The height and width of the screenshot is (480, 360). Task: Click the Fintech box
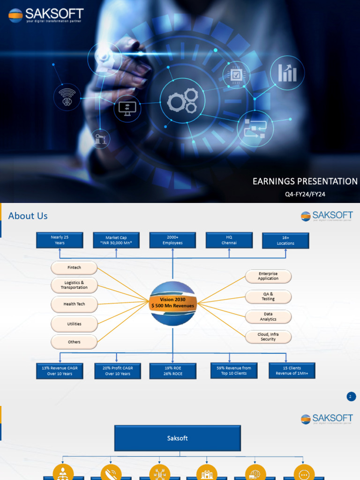coord(74,268)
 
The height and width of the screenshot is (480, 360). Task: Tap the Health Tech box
coord(74,304)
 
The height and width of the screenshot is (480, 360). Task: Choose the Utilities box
coord(74,324)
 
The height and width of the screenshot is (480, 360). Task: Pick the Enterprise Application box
coord(268,276)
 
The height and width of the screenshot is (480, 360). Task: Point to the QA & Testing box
coord(268,297)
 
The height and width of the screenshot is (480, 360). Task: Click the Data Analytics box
coord(268,317)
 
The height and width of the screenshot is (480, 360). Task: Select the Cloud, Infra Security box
coord(268,337)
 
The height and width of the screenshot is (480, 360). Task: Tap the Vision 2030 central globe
coord(172,303)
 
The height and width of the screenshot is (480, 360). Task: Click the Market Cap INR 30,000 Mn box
coord(116,240)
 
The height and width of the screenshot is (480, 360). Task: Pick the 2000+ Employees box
coord(172,240)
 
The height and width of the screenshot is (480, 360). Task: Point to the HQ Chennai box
coord(229,240)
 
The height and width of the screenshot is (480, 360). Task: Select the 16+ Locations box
coord(285,240)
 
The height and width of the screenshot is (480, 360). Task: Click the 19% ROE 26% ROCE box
coord(172,371)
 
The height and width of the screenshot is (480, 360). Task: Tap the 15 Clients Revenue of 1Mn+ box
coord(292,370)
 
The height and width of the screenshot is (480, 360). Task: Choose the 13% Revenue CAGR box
coord(60,371)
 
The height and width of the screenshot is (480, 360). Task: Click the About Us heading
coord(28,216)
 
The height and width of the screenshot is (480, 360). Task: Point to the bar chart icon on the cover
coord(287,73)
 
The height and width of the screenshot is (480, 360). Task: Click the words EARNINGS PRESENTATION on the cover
coord(305,181)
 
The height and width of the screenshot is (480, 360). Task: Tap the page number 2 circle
coord(351,397)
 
